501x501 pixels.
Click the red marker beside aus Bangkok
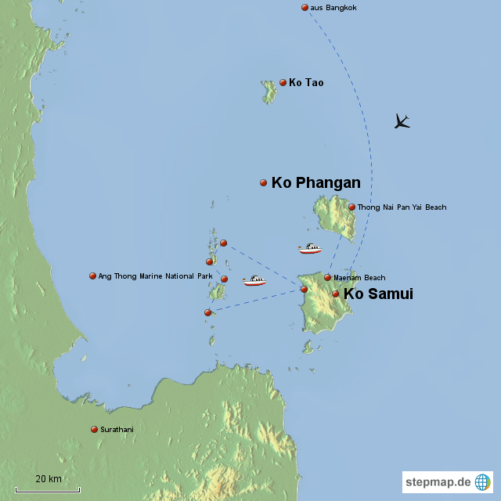coord(305,8)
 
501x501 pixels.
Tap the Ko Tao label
coord(306,82)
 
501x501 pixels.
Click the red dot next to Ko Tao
coord(283,82)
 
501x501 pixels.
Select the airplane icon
coord(402,121)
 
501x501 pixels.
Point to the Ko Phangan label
coord(315,183)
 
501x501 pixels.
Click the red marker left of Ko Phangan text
coord(264,182)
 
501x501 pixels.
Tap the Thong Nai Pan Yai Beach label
coord(402,207)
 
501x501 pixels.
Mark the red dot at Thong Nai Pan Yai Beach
coord(352,207)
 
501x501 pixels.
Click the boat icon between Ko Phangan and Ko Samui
coord(310,249)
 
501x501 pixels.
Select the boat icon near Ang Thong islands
coord(254,280)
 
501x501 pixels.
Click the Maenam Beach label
coord(359,278)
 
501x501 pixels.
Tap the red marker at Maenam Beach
coord(328,277)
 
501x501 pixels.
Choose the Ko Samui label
coord(378,294)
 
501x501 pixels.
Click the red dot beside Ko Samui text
coord(336,294)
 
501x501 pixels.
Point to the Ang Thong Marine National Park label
coord(155,276)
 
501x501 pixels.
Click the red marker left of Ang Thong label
coord(92,276)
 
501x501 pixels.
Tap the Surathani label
coord(117,430)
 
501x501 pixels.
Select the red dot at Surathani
coord(95,429)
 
